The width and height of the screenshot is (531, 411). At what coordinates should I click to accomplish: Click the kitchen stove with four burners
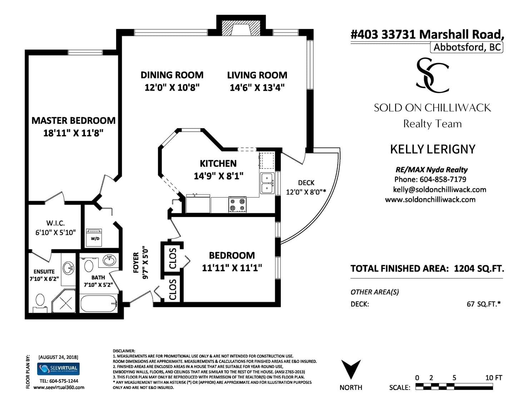pyautogui.click(x=238, y=204)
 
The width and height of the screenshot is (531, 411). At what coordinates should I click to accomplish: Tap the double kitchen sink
pyautogui.click(x=267, y=183)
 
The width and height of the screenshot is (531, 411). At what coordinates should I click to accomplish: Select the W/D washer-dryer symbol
pyautogui.click(x=94, y=238)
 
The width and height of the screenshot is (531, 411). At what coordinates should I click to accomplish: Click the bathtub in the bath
pyautogui.click(x=99, y=303)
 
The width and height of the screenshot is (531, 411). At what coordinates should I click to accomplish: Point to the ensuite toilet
pyautogui.click(x=40, y=303)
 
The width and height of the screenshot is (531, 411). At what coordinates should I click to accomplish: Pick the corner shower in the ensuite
pyautogui.click(x=64, y=301)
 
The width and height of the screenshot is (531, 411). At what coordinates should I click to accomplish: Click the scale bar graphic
pyautogui.click(x=454, y=387)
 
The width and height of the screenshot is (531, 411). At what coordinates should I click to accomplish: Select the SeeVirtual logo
pyautogui.click(x=58, y=369)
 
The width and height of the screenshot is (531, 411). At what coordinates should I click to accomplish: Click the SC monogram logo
pyautogui.click(x=432, y=75)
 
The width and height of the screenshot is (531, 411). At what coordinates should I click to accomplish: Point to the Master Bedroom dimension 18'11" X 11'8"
pyautogui.click(x=73, y=133)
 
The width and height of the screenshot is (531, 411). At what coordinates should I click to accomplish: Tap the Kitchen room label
pyautogui.click(x=218, y=163)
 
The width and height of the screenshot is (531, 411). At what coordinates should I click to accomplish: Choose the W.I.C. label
pyautogui.click(x=55, y=223)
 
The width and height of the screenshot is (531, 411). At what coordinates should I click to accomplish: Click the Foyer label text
pyautogui.click(x=136, y=262)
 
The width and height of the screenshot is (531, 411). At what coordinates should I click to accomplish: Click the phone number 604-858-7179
pyautogui.click(x=443, y=180)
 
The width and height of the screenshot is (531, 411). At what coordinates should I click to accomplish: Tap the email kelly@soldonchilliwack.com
pyautogui.click(x=440, y=190)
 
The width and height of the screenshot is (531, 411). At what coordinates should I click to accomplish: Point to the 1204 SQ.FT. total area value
pyautogui.click(x=479, y=269)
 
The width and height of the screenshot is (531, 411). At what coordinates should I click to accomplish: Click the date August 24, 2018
pyautogui.click(x=58, y=357)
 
